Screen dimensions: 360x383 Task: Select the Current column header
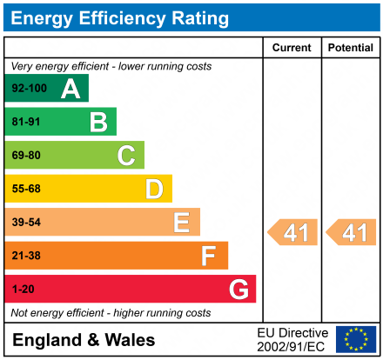coord(292,48)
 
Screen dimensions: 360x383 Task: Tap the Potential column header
coord(350,48)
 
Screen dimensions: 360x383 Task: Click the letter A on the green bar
coord(71,89)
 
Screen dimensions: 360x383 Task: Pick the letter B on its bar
coord(98,122)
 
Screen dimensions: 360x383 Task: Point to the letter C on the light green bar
coord(126,156)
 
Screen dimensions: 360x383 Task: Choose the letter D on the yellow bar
coord(154,189)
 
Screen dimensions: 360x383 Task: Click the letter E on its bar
coord(181,223)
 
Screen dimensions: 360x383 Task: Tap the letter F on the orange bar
coord(209,256)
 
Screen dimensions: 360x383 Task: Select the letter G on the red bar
coord(238,289)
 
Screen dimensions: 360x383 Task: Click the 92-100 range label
coord(29,89)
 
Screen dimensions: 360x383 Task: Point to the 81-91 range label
coord(26,123)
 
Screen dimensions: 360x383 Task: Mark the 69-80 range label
coord(26,156)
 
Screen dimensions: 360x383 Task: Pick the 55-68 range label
coord(26,189)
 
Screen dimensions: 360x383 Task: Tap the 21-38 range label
coord(26,256)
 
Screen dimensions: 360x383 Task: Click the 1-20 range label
coord(23,289)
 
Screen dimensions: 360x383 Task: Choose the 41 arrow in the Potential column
coord(353,233)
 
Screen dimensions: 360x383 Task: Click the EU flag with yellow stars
coord(356,339)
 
